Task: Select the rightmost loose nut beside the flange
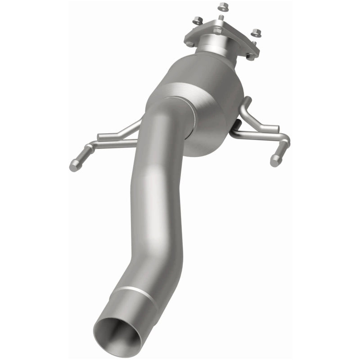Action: (256, 33)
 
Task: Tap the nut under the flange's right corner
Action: (251, 56)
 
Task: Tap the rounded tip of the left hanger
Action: (74, 166)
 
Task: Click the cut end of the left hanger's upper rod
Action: (100, 136)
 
